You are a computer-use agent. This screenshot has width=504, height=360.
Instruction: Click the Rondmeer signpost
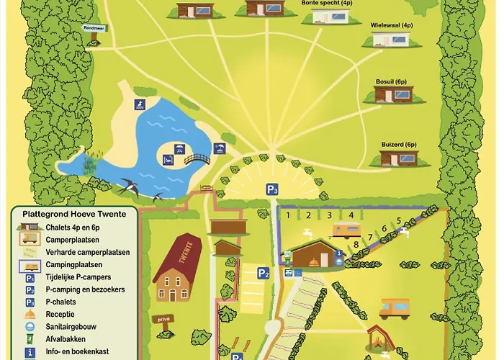94,29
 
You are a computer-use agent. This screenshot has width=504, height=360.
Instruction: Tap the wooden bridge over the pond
197,158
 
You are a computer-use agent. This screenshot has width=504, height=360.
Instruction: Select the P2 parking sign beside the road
264,273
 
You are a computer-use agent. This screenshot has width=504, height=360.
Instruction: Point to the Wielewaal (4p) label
392,25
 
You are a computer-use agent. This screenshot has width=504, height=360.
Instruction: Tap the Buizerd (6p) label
399,144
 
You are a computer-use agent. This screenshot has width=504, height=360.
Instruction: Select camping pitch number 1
287,215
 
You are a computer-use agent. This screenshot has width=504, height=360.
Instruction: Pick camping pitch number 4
351,215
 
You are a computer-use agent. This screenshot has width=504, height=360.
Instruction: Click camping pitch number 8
356,245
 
